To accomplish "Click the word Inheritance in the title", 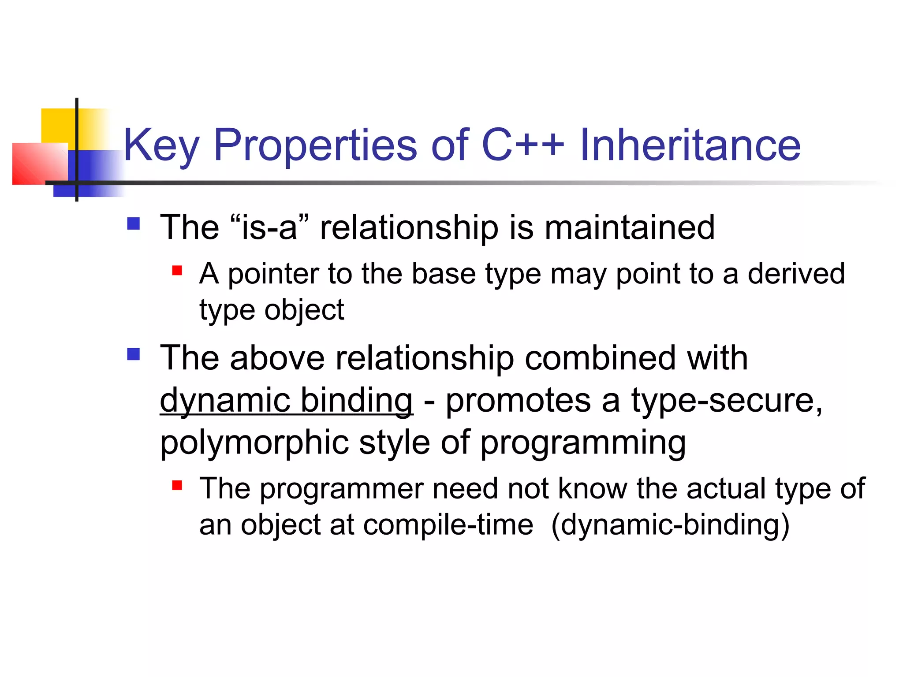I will [x=690, y=145].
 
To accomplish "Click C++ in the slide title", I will [x=523, y=145].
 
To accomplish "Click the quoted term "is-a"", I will [x=269, y=227].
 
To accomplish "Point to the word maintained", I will [x=629, y=227].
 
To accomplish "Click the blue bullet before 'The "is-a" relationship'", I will [x=133, y=224].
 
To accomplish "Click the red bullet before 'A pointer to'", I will [x=177, y=270].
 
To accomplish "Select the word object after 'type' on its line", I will [x=304, y=310].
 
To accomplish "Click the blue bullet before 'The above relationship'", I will [x=133, y=354].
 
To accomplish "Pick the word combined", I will [x=600, y=357].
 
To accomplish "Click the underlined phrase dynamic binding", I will [x=286, y=401].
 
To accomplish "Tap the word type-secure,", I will [x=727, y=401].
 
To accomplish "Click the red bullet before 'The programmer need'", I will [x=177, y=485].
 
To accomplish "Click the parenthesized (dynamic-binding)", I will [x=670, y=524].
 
